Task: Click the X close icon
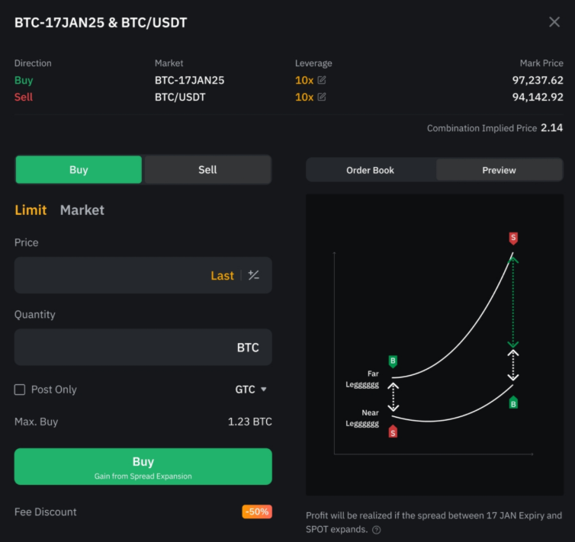[x=554, y=22]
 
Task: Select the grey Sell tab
[x=207, y=170]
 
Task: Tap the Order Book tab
[x=370, y=170]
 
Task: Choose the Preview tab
[x=499, y=170]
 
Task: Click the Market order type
[x=82, y=210]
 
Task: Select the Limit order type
[x=31, y=210]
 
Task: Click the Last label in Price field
[x=222, y=275]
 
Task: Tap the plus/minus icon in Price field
[x=254, y=275]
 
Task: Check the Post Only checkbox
[x=20, y=390]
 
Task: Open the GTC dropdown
[x=251, y=390]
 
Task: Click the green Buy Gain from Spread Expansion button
[x=143, y=467]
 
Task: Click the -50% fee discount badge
[x=256, y=512]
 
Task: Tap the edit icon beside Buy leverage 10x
[x=322, y=80]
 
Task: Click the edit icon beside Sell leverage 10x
[x=322, y=97]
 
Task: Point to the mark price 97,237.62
[x=538, y=80]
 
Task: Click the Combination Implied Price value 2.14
[x=551, y=128]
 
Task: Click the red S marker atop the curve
[x=513, y=238]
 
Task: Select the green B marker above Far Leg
[x=393, y=361]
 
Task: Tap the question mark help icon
[x=377, y=529]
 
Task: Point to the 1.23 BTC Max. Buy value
[x=249, y=422]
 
